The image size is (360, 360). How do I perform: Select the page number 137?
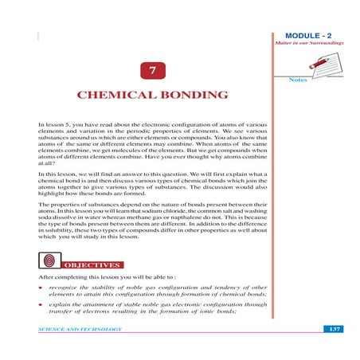335,328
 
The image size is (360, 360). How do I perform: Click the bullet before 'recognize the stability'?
41,284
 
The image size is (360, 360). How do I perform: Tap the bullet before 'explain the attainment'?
41,303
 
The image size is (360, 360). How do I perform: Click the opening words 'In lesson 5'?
54,126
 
